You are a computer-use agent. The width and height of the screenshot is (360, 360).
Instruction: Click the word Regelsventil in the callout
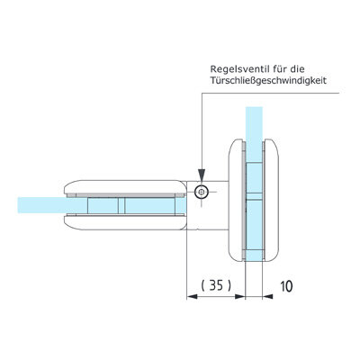[238, 69]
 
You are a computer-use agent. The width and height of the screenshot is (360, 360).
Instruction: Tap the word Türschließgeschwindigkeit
[268, 81]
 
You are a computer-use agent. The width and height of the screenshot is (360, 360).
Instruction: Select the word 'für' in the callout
[279, 68]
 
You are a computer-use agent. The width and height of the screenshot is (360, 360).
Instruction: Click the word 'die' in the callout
[298, 68]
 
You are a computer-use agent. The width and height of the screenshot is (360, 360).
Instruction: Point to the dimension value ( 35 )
[216, 285]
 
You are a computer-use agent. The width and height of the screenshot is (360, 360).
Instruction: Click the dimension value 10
[286, 286]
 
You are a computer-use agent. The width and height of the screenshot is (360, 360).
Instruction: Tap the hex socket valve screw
[201, 192]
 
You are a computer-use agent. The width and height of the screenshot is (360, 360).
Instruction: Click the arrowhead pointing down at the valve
[202, 175]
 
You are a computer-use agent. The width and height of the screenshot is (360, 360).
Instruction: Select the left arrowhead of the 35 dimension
[193, 296]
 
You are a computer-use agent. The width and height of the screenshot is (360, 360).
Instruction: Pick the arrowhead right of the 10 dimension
[267, 296]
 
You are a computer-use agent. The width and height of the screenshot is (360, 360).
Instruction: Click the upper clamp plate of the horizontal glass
[125, 186]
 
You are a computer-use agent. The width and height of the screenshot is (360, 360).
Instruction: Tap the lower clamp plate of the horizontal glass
[125, 223]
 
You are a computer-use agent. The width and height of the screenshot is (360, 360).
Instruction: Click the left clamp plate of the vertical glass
[236, 200]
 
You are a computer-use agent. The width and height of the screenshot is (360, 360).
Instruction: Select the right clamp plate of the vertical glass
[272, 200]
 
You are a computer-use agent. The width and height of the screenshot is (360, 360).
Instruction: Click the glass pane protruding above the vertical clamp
[254, 123]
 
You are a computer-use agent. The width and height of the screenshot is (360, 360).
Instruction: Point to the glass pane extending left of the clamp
[40, 205]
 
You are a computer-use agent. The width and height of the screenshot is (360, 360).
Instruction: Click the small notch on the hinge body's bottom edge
[197, 230]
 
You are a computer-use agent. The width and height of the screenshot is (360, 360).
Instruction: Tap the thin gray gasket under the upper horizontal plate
[125, 195]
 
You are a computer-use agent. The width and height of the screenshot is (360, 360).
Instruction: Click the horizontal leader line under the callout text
[271, 93]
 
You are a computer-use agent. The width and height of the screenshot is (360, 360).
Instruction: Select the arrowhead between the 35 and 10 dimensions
[240, 296]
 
